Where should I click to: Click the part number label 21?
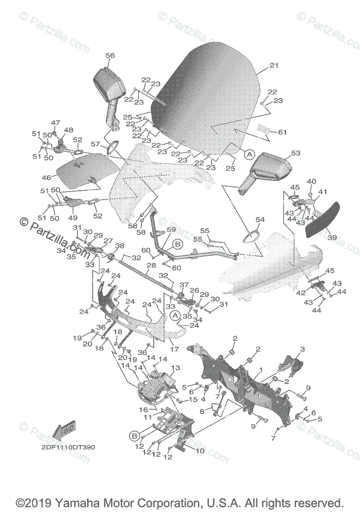274,65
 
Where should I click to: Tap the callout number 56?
110,55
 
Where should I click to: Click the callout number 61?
282,132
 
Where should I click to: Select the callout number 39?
332,237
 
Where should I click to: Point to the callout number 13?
176,368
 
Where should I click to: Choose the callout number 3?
302,349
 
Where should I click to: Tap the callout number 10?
199,450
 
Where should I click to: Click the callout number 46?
46,177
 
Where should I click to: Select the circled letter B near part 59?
178,244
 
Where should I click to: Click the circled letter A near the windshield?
249,154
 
